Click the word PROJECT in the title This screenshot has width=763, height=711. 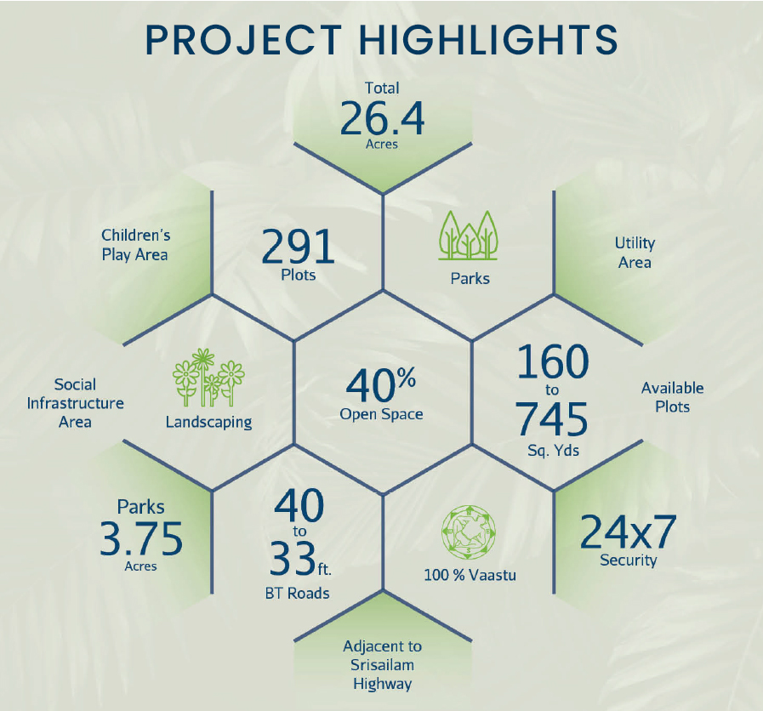point(242,39)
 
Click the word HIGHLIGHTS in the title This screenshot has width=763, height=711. point(488,39)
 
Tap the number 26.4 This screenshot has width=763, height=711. point(382,118)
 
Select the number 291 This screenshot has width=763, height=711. point(298,247)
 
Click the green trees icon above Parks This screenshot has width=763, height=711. point(469,236)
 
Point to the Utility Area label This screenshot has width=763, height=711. point(635,253)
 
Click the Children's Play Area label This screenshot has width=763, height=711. point(136,245)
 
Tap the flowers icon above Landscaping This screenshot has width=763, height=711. point(208,378)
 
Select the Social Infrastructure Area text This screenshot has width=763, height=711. point(76,403)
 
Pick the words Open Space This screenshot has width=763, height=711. point(381,414)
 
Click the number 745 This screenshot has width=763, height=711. point(552,418)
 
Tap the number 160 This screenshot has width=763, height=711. point(553,361)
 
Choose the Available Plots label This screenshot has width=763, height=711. point(673,397)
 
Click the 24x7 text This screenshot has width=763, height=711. point(629,532)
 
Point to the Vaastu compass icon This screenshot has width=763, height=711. point(469,531)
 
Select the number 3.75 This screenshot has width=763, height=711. point(141,538)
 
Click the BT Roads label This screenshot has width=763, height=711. point(298,594)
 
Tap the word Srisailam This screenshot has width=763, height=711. point(382,665)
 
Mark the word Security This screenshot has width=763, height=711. point(629,560)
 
